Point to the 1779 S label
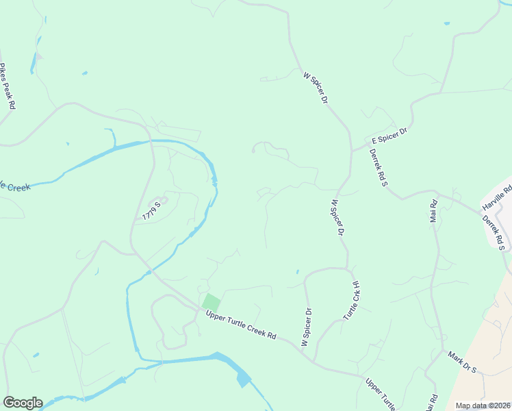point(152,210)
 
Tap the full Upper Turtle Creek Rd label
point(236,325)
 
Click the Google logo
point(23,403)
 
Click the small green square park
point(212,302)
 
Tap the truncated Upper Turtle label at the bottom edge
point(380,394)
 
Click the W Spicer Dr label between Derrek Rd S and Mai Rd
point(335,218)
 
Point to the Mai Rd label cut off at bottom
point(433,402)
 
